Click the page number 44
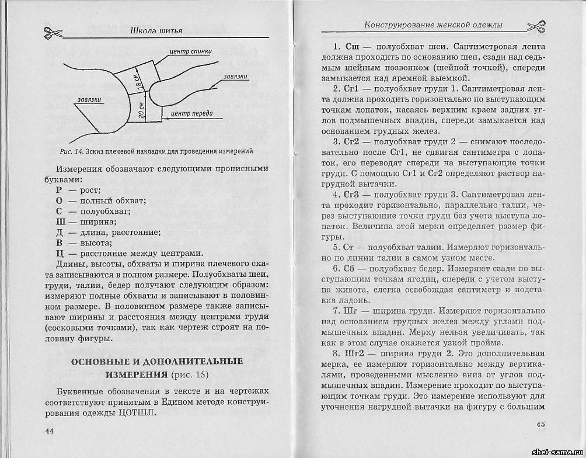(x=49, y=431)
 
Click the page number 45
(x=540, y=425)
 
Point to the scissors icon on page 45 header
(x=536, y=26)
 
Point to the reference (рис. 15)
(x=188, y=374)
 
